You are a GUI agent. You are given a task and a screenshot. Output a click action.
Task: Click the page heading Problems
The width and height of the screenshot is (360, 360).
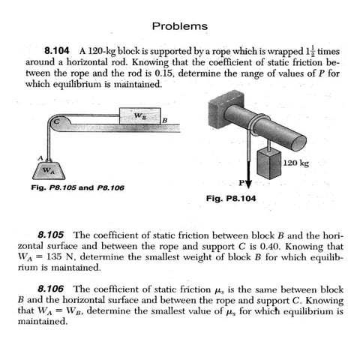click(x=179, y=26)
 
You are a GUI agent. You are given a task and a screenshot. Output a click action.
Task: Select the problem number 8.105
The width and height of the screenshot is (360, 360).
click(x=52, y=235)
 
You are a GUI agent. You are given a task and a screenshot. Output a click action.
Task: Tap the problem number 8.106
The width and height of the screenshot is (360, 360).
click(x=52, y=289)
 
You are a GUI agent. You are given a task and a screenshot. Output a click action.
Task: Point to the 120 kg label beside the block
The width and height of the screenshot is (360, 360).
click(x=298, y=163)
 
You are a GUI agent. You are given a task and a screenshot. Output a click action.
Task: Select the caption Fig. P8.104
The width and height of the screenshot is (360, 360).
click(x=229, y=199)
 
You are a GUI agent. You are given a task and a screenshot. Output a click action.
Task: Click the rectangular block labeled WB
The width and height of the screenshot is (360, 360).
click(x=139, y=116)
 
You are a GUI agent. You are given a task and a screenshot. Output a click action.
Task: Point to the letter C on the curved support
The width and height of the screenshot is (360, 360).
click(x=55, y=121)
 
